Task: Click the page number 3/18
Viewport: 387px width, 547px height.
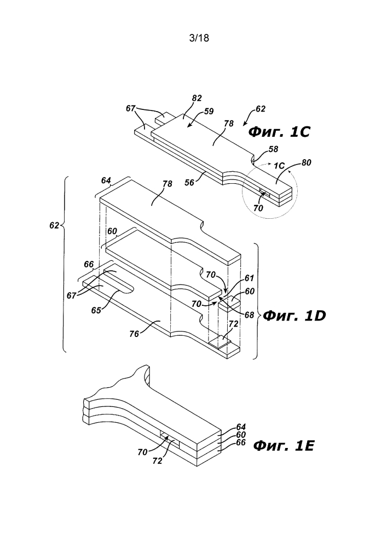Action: [199, 38]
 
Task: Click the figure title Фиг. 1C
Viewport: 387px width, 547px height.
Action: [279, 132]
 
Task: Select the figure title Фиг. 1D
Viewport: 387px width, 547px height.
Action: [294, 316]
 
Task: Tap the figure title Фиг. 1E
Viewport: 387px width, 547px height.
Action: [284, 445]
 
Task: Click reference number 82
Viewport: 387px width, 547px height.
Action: [197, 98]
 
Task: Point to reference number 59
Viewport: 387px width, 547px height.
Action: [209, 111]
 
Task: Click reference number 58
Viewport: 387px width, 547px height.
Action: [273, 149]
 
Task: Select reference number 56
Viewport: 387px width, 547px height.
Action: [189, 183]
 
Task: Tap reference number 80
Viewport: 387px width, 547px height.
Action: [305, 162]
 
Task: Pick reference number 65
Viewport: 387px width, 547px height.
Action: [96, 310]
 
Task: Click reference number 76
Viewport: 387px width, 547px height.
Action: [134, 334]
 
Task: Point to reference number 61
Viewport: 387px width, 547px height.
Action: [249, 278]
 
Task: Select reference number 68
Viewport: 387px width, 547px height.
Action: [249, 315]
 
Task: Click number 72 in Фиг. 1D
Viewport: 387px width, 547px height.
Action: [233, 324]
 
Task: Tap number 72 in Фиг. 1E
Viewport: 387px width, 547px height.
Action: [158, 461]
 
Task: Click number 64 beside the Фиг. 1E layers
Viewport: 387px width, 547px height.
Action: [241, 427]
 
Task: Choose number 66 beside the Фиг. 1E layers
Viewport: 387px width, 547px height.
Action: [241, 443]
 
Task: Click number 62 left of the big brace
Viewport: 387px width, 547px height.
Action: [54, 226]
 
